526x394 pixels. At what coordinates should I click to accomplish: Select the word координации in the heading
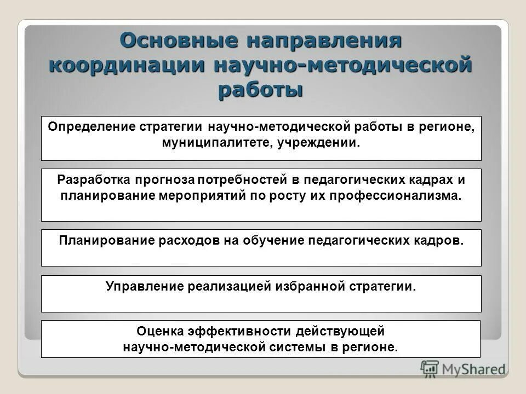point(125,65)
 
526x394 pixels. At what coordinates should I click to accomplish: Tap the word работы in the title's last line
point(260,89)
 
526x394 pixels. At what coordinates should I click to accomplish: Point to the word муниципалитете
point(210,143)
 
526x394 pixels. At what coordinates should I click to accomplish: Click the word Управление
point(144,286)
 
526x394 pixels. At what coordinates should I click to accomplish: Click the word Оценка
point(159,331)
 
